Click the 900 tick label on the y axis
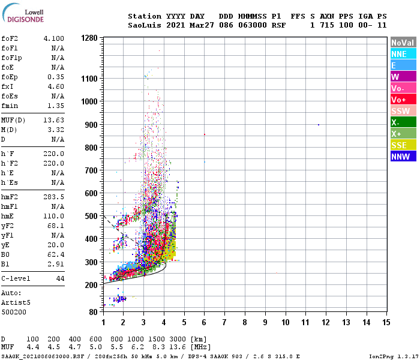click(x=91, y=125)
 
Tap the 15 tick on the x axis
click(x=386, y=322)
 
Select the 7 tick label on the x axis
click(x=224, y=322)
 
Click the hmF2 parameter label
click(x=10, y=196)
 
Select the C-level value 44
click(x=60, y=279)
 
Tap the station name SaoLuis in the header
click(x=145, y=25)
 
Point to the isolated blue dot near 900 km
click(x=318, y=124)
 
